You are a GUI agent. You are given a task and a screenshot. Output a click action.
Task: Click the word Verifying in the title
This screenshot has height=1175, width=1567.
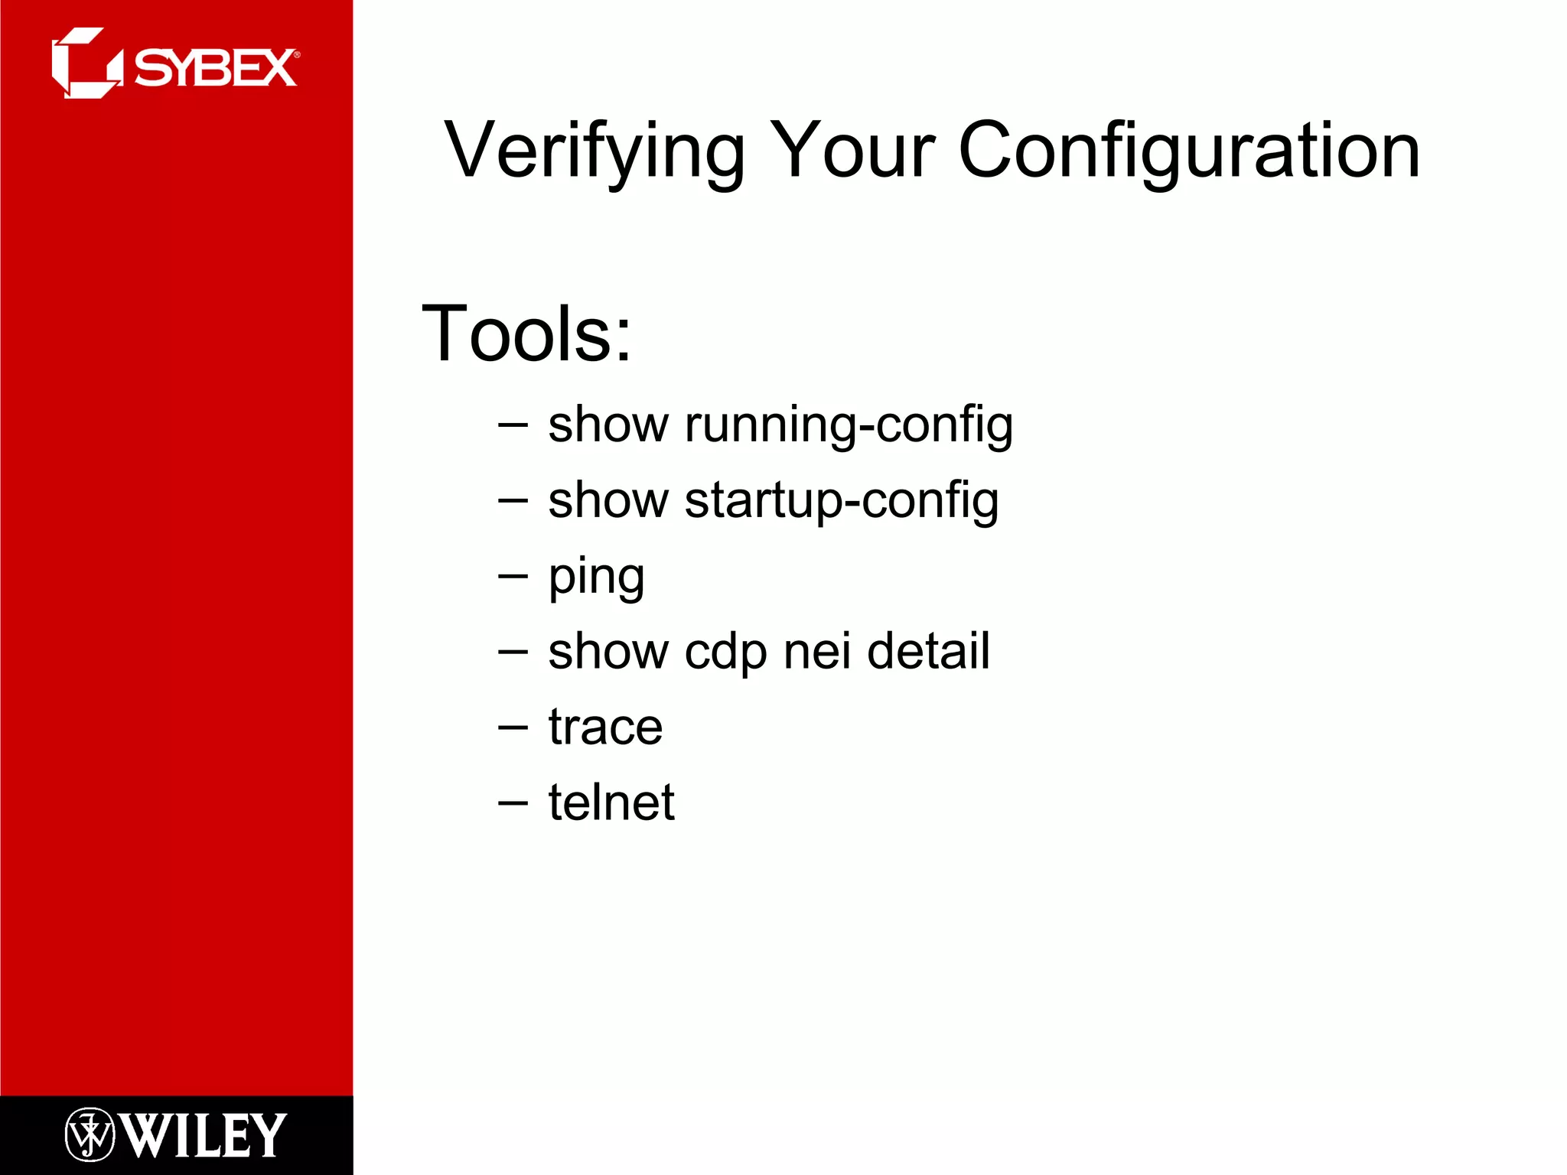tap(595, 151)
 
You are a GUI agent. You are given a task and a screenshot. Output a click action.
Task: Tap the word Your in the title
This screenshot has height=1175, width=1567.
tap(852, 151)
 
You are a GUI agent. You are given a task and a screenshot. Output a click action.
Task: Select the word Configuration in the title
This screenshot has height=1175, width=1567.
tap(1189, 151)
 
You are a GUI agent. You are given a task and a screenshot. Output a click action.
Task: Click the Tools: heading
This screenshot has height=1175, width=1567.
tap(527, 334)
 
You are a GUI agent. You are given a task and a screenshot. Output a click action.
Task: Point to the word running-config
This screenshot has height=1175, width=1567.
tap(849, 425)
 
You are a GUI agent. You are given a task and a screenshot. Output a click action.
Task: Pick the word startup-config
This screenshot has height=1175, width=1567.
tap(842, 500)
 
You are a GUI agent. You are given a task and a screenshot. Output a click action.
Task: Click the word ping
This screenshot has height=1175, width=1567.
tap(596, 578)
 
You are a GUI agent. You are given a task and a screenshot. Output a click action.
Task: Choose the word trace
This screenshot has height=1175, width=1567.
tap(605, 727)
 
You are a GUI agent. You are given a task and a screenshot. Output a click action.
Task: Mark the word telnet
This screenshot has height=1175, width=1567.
tap(611, 802)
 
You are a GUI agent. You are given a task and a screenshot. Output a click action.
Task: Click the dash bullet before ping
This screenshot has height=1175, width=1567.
tap(513, 575)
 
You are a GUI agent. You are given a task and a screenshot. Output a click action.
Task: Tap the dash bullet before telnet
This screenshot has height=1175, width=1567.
tap(513, 802)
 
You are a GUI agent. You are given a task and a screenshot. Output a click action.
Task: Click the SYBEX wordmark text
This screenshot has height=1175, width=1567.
tap(215, 68)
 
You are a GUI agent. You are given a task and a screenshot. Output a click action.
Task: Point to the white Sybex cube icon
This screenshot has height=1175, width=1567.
tap(86, 63)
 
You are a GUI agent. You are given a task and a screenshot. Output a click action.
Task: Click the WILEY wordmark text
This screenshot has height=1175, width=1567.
tap(203, 1135)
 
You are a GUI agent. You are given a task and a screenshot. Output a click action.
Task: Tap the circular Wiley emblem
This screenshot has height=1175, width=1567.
tap(90, 1134)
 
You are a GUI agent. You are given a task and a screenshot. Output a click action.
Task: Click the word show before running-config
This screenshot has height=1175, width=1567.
tap(608, 425)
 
